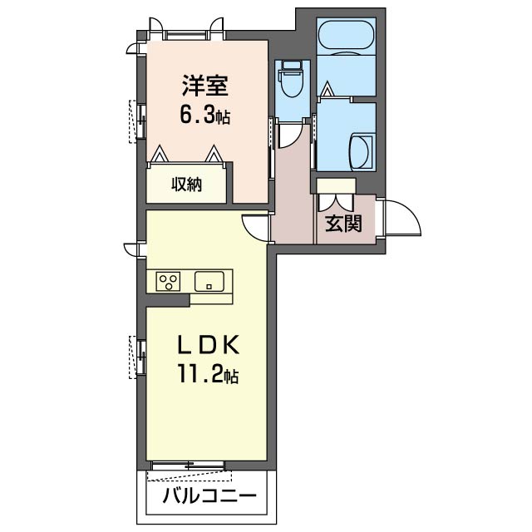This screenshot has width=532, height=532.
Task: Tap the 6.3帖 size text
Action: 205,116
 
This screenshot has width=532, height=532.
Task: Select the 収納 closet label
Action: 186,185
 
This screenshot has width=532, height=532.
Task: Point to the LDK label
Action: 209,345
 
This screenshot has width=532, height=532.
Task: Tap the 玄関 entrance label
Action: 343,224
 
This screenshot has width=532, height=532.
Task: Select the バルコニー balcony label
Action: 209,496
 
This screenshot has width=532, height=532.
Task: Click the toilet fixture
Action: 292,78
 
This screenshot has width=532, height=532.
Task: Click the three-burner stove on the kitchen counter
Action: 168,281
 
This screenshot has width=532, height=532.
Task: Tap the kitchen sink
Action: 209,281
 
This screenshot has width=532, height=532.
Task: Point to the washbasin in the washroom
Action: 362,151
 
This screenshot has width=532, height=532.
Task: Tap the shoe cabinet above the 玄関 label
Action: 336,186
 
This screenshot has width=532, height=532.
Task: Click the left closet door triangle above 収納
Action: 160,154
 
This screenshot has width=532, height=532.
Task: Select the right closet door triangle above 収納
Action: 214,154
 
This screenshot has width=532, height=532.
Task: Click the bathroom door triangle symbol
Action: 327,89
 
